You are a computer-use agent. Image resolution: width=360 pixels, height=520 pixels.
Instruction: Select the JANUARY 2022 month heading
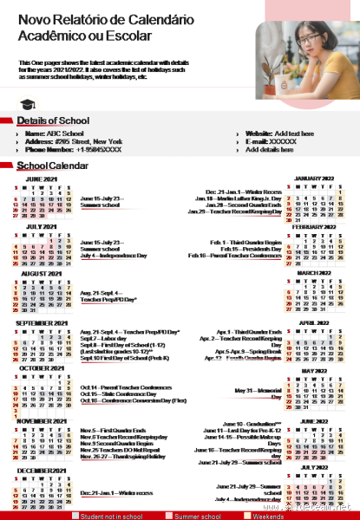click(x=315, y=177)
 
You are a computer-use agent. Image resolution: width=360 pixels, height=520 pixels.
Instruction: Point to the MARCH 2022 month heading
click(x=315, y=273)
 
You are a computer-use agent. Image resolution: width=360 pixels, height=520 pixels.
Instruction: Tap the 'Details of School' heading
click(x=53, y=120)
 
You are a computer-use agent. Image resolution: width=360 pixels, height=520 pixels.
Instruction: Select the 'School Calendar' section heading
click(x=58, y=165)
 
